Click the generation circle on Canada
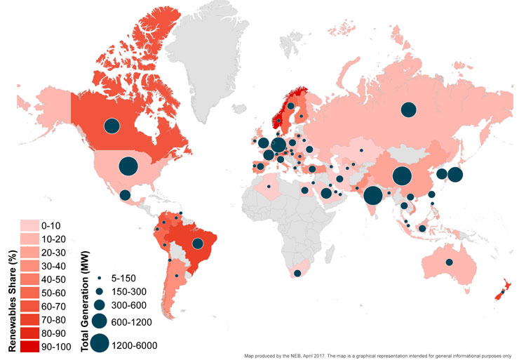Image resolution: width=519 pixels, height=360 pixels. tap(112, 126)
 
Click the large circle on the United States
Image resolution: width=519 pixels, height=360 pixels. tap(128, 166)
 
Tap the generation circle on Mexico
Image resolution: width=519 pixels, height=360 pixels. tap(124, 195)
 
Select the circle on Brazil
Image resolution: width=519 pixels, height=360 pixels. tap(198, 244)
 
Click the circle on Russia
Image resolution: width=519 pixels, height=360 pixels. tap(407, 109)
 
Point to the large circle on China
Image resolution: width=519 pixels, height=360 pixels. tap(402, 178)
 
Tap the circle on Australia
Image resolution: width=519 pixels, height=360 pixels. tap(449, 262)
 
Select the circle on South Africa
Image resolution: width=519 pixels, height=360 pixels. tap(297, 274)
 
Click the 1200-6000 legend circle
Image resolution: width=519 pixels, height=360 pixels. tap(100, 342)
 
